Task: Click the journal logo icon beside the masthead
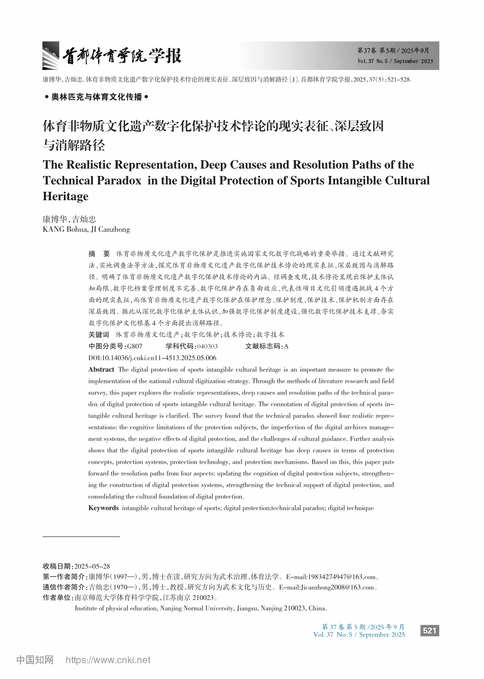point(51,56)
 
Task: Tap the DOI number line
point(152,358)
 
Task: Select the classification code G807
point(135,346)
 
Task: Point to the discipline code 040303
point(207,346)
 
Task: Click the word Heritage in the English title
point(65,196)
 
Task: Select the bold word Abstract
point(101,369)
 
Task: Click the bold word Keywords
point(104,508)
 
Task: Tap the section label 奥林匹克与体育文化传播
point(97,97)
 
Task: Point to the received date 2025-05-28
point(92,566)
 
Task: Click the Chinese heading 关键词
point(99,335)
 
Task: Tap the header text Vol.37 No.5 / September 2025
point(395,61)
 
